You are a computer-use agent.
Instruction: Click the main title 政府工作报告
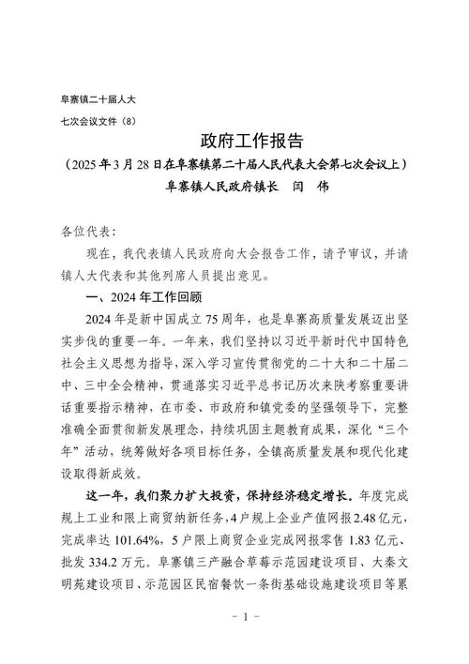click(x=252, y=142)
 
